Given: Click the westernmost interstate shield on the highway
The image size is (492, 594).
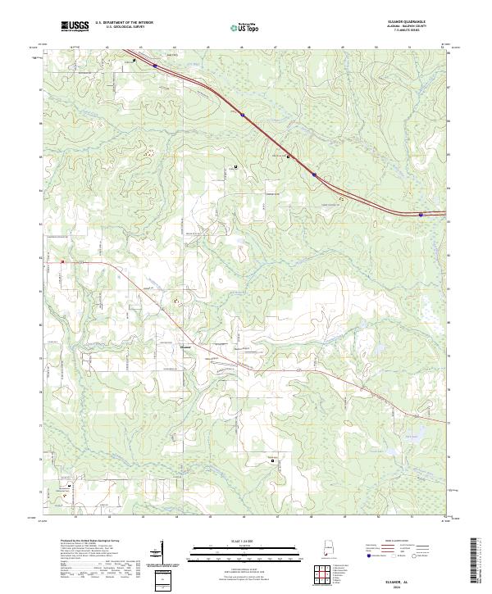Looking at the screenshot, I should pos(155,66).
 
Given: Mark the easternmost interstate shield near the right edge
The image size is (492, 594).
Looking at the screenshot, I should pos(421,215).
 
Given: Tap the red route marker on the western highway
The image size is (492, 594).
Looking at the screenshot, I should pos(62,261).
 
